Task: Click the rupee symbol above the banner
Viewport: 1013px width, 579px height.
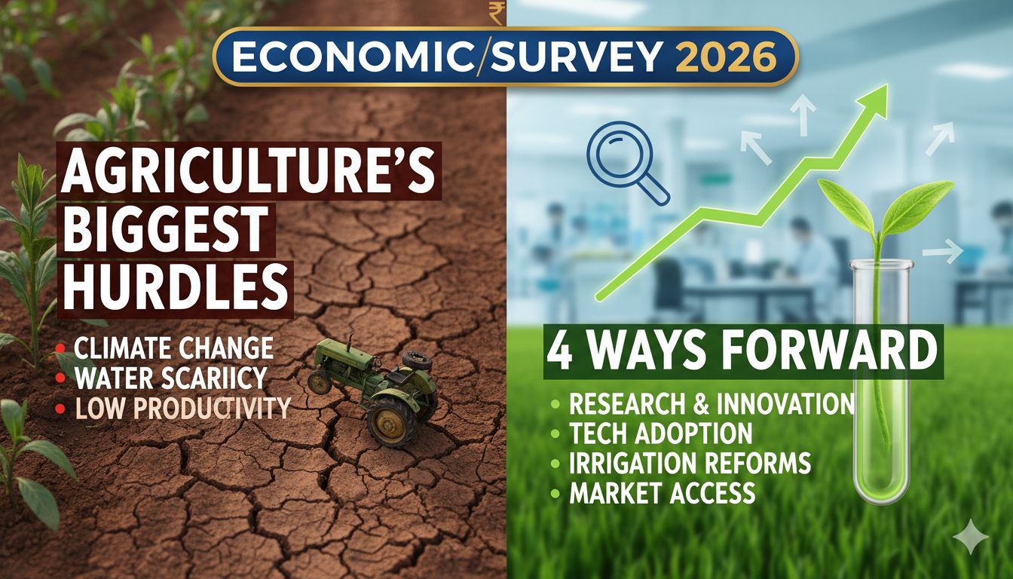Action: (496, 13)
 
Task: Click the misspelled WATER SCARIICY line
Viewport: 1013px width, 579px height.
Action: (170, 378)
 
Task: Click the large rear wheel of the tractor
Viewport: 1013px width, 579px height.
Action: (391, 421)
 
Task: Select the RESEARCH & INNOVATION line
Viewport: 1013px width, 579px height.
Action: (711, 403)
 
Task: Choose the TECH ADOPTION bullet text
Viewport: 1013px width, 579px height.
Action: (660, 433)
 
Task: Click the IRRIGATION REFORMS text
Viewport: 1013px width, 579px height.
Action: (690, 462)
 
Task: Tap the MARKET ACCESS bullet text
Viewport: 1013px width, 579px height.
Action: (662, 492)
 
